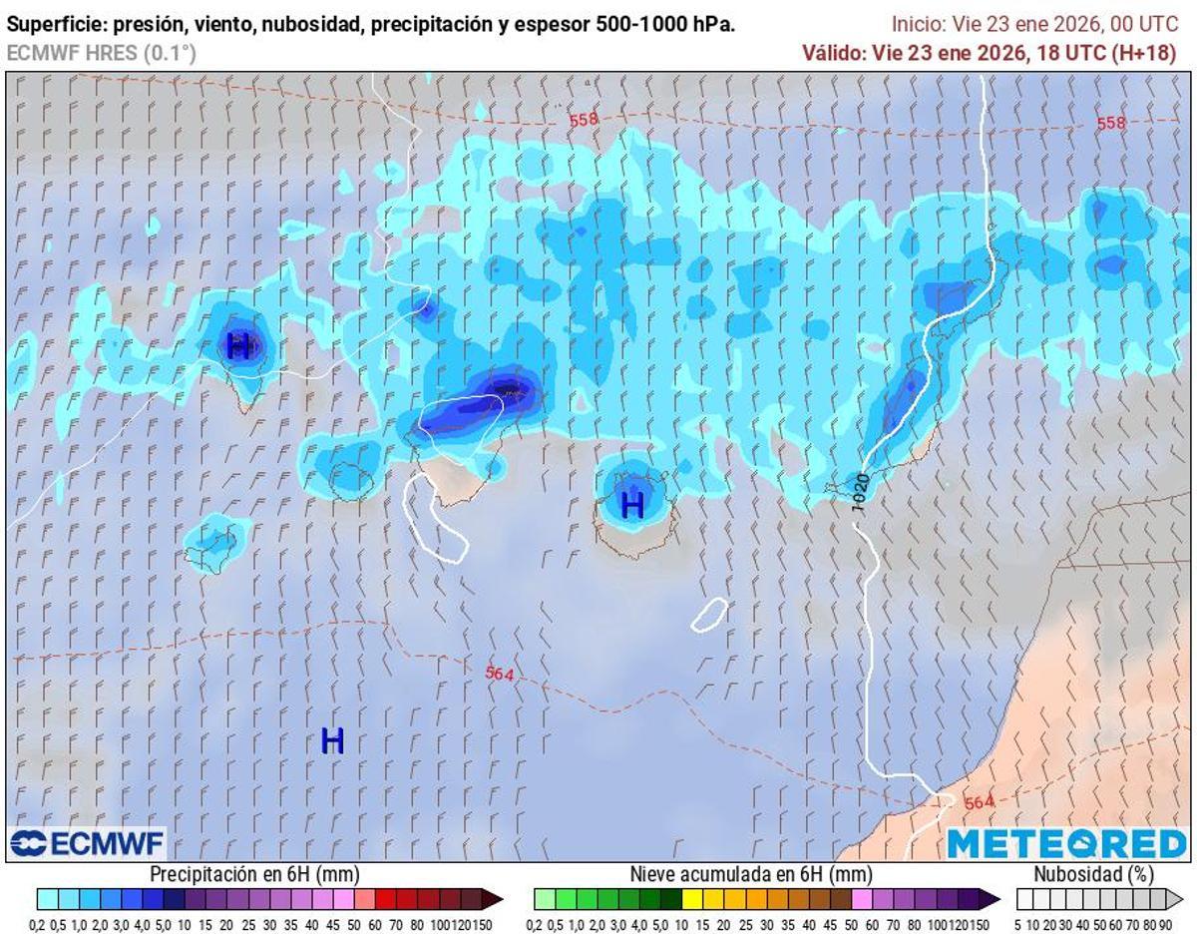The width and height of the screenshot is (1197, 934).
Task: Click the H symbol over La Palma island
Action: click(239, 346)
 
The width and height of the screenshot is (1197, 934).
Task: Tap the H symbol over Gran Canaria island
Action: click(632, 504)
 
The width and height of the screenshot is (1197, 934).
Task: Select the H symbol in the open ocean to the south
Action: click(332, 740)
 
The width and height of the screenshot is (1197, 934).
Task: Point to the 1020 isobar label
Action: click(860, 493)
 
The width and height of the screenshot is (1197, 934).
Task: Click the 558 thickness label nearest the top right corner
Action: click(1110, 123)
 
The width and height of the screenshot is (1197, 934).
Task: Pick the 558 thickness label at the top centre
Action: click(584, 120)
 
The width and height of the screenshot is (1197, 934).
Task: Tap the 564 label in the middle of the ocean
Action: click(499, 674)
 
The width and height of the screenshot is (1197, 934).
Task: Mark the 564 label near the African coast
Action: click(979, 801)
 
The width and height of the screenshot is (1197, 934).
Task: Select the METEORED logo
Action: click(1066, 844)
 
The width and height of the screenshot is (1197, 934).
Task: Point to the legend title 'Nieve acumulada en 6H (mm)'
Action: click(750, 874)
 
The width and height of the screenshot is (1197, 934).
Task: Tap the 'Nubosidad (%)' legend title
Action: click(1093, 874)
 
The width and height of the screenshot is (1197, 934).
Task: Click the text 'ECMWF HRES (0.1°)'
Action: click(102, 53)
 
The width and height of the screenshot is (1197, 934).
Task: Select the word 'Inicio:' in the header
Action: click(917, 25)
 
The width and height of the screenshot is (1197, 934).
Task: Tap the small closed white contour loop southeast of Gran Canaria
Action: click(709, 614)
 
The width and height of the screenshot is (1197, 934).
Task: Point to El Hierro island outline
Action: click(212, 546)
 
